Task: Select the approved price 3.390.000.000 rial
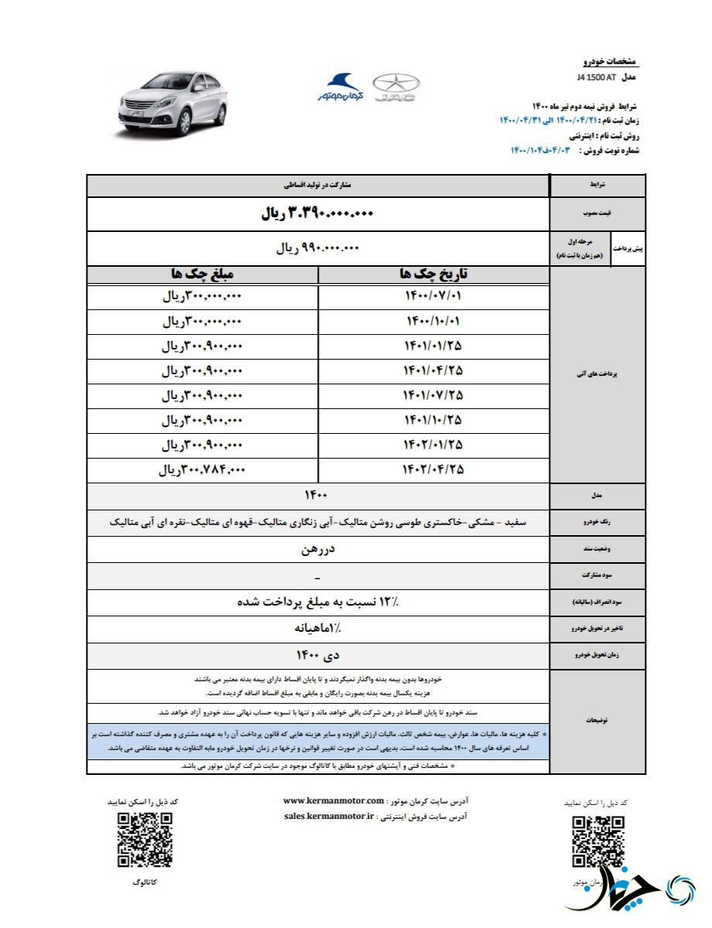317,214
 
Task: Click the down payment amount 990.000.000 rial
318,248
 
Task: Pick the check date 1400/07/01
433,297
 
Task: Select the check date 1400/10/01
433,321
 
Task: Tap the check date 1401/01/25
433,346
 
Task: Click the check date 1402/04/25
433,469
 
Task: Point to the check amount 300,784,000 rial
203,469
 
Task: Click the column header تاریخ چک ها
433,275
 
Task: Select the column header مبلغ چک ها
203,275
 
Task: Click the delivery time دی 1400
318,655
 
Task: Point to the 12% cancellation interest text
318,601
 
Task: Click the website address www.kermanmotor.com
334,801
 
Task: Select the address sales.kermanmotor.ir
330,816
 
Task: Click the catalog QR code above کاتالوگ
145,840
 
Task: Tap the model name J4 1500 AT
596,78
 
